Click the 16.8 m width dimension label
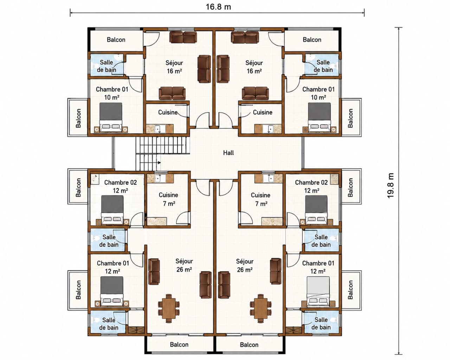218,7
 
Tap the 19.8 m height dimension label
390,186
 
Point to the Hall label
229,153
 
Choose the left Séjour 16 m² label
174,67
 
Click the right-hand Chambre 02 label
311,182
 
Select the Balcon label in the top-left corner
116,40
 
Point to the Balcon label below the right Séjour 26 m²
249,345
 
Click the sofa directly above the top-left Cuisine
172,94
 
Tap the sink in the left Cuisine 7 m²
160,179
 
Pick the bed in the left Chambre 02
112,210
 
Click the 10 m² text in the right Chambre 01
318,97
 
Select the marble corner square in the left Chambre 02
95,179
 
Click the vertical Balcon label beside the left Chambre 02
78,188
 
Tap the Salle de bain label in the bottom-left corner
109,324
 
